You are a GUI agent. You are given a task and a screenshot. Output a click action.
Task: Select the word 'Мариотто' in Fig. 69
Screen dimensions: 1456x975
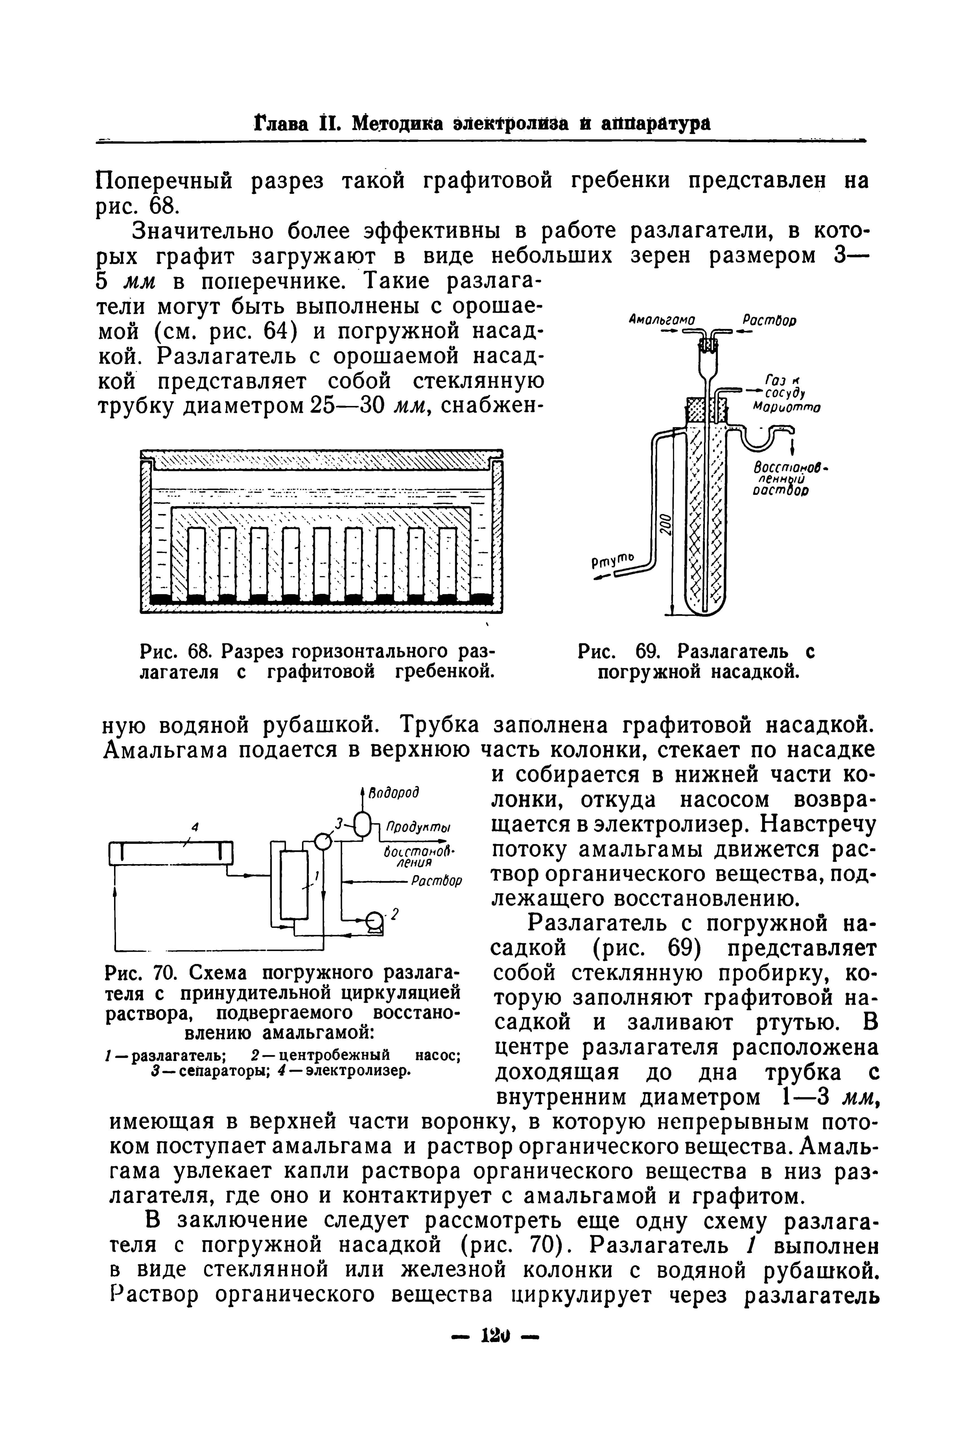point(786,408)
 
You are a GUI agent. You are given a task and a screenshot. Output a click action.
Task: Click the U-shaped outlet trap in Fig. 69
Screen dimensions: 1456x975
point(760,439)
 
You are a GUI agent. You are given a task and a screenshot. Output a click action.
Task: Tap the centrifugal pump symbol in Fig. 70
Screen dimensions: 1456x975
point(375,921)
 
